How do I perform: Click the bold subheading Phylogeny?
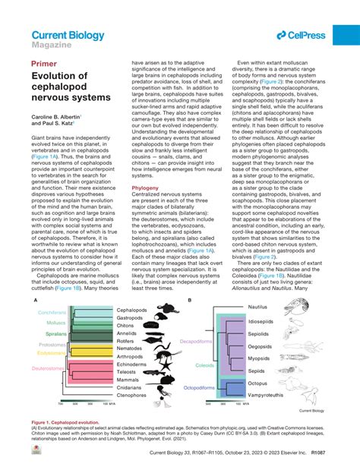pos(145,186)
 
